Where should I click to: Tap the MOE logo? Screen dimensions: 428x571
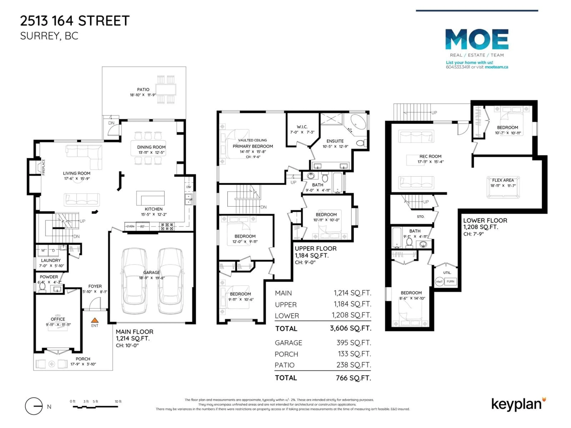tap(477, 39)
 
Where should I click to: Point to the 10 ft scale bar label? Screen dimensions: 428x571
tap(118, 401)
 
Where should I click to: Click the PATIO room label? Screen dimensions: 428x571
tap(143, 89)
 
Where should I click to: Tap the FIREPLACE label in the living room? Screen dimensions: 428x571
tap(43, 167)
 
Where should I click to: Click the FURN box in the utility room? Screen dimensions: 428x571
tap(450, 281)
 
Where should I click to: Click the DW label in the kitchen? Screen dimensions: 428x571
tap(189, 187)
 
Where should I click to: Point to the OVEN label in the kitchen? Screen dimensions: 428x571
tap(130, 226)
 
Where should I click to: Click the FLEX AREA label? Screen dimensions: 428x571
tap(503, 180)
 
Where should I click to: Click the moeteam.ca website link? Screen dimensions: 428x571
tap(496, 67)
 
